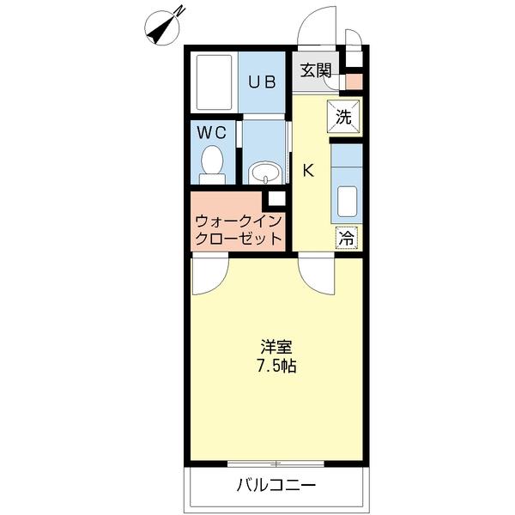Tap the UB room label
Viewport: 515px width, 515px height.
pyautogui.click(x=262, y=82)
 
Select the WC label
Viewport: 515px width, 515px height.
pyautogui.click(x=211, y=133)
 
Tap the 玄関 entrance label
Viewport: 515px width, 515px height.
pyautogui.click(x=315, y=71)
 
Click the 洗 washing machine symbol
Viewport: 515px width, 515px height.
pyautogui.click(x=343, y=118)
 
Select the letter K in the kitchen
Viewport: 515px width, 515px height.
pyautogui.click(x=308, y=170)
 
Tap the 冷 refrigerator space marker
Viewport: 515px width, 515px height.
pyautogui.click(x=347, y=237)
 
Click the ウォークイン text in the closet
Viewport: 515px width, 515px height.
pyautogui.click(x=238, y=221)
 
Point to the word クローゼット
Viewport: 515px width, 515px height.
pyautogui.click(x=238, y=239)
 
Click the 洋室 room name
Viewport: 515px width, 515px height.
pyautogui.click(x=277, y=348)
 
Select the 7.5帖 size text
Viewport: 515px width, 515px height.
pyautogui.click(x=277, y=367)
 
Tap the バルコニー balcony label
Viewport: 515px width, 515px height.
pyautogui.click(x=276, y=486)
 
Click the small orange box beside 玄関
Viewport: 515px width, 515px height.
pyautogui.click(x=354, y=82)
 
